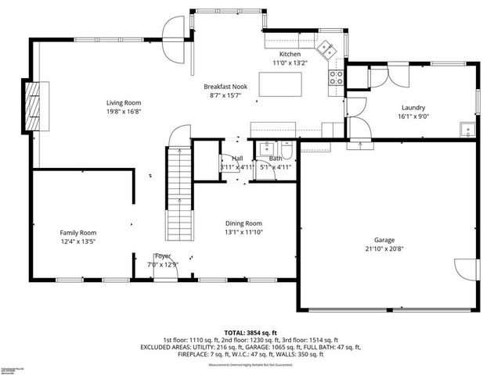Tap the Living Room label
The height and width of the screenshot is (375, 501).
[x=124, y=102]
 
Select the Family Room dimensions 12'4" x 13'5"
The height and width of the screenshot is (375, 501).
[x=78, y=241]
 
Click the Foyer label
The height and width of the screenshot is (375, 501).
[x=163, y=255]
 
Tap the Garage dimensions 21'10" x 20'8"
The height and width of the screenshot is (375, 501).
[x=384, y=248]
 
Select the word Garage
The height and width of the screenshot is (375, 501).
[x=384, y=240]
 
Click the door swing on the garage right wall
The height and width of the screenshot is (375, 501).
[x=466, y=268]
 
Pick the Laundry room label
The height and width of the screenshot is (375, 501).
[x=413, y=108]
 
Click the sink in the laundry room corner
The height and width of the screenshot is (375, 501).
[x=467, y=129]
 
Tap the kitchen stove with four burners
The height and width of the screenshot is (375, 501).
[x=337, y=77]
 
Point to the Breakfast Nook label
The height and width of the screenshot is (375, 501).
[x=225, y=87]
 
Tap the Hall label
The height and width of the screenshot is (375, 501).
[x=236, y=158]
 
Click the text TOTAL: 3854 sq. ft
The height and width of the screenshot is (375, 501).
[x=250, y=332]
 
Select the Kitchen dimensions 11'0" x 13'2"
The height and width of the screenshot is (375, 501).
[x=290, y=62]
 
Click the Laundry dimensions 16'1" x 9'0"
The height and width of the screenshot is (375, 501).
[x=413, y=116]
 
